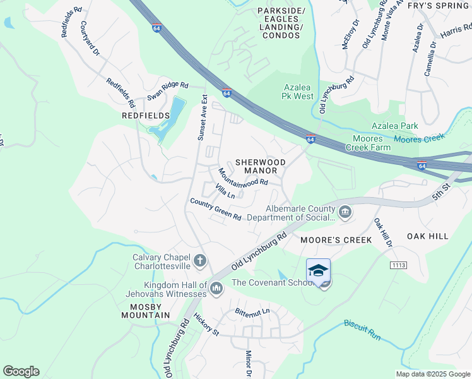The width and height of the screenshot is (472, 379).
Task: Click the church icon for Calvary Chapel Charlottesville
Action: click(199, 261)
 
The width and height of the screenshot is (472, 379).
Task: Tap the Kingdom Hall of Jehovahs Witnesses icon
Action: click(216, 289)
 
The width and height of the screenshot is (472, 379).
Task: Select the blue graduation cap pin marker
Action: click(318, 271)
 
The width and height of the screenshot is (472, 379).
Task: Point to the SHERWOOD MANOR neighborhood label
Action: click(260, 166)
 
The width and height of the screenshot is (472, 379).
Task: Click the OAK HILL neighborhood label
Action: click(427, 236)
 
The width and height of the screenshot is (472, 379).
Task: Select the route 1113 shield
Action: click(398, 265)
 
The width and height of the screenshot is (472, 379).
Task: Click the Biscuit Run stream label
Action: click(362, 331)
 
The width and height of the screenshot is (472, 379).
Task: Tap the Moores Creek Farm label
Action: click(368, 143)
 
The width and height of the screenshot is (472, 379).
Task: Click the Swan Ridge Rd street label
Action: click(168, 90)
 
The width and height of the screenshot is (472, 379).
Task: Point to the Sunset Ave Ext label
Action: click(202, 118)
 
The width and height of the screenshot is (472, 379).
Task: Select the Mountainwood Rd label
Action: click(243, 177)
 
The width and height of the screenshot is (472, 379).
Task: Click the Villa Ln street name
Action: click(225, 191)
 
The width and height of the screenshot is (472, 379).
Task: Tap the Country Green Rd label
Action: click(216, 209)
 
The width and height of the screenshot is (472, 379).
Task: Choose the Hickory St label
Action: click(206, 324)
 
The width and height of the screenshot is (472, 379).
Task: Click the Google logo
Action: click(21, 371)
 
